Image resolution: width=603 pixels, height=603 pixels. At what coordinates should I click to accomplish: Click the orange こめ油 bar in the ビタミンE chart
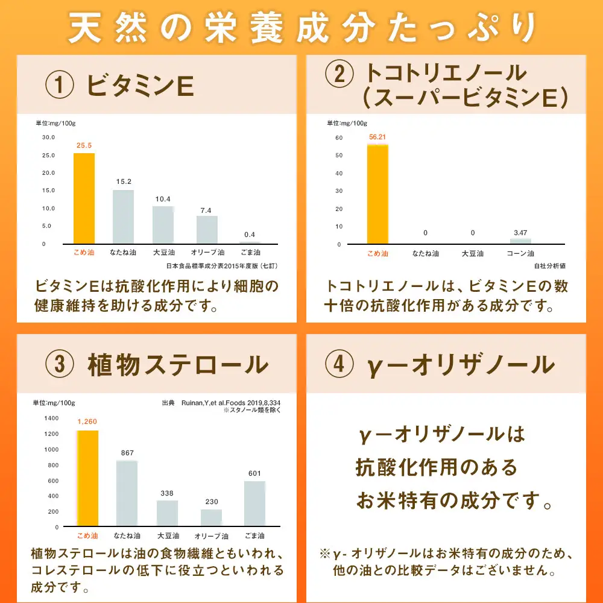pyautogui.click(x=84, y=198)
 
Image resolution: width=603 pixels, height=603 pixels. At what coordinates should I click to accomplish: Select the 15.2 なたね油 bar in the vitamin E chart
pyautogui.click(x=123, y=216)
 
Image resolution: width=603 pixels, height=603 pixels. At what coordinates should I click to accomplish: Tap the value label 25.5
pyautogui.click(x=84, y=145)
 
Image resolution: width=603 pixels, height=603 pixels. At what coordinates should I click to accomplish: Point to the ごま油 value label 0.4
pyautogui.click(x=249, y=234)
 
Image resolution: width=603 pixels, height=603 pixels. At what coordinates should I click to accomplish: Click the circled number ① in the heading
pyautogui.click(x=59, y=86)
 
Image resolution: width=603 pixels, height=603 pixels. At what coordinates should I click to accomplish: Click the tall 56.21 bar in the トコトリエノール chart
pyautogui.click(x=377, y=194)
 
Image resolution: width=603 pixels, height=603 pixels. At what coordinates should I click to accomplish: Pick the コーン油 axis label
pyautogui.click(x=520, y=253)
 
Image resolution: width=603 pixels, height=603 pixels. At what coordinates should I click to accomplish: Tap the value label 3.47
pyautogui.click(x=520, y=232)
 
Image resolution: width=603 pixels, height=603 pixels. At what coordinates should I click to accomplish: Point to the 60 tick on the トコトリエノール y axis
pyautogui.click(x=339, y=137)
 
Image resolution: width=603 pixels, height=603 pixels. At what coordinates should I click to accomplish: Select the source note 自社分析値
pyautogui.click(x=549, y=265)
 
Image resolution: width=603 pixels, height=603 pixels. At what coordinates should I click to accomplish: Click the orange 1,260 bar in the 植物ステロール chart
pyautogui.click(x=87, y=478)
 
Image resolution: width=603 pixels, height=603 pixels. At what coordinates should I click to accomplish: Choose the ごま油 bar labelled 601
pyautogui.click(x=254, y=504)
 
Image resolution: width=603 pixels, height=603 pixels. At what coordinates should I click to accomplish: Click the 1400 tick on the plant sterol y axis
pyautogui.click(x=51, y=418)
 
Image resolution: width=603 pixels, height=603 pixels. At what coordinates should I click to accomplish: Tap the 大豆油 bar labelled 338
pyautogui.click(x=167, y=513)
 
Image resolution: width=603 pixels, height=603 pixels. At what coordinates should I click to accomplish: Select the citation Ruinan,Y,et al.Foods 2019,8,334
pyautogui.click(x=231, y=403)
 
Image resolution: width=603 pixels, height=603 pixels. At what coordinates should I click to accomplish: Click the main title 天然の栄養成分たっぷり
pyautogui.click(x=301, y=28)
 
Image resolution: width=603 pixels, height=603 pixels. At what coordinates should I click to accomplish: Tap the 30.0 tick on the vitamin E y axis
pyautogui.click(x=48, y=137)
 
